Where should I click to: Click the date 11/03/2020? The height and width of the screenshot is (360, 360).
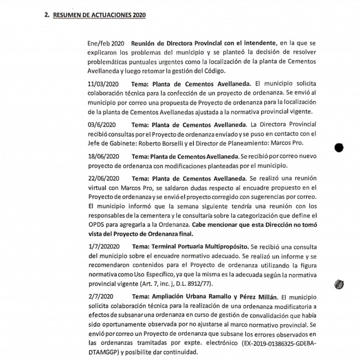103,83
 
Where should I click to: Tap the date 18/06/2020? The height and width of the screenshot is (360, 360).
103,156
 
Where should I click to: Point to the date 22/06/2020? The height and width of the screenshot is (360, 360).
103,177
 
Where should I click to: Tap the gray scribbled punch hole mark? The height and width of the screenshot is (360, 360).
339,284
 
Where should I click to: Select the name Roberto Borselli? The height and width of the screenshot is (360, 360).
152,143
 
